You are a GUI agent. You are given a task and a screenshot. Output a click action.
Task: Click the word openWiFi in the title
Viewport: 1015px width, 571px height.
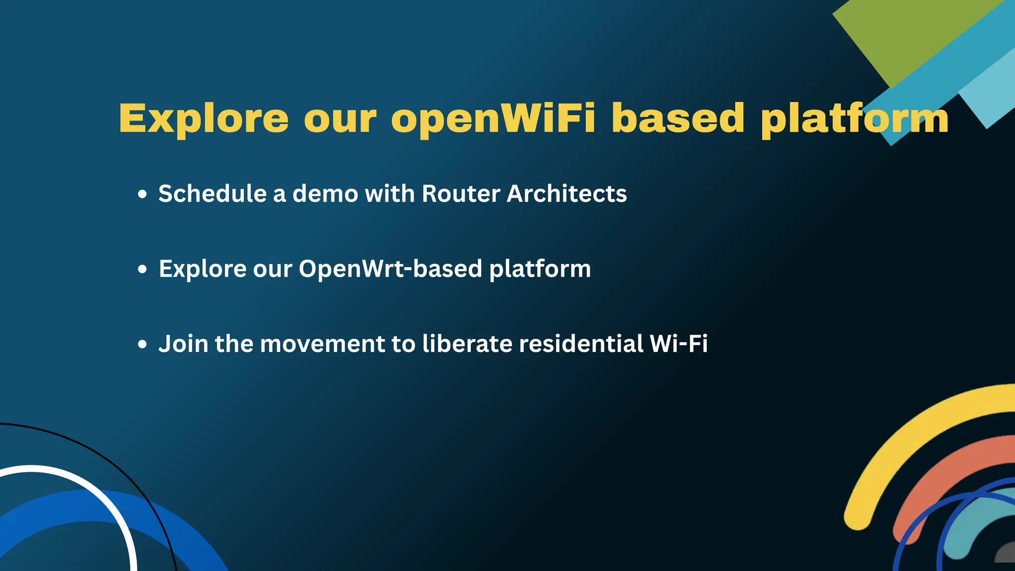click(493, 119)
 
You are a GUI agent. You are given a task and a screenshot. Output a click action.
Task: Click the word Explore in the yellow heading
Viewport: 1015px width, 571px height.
click(203, 119)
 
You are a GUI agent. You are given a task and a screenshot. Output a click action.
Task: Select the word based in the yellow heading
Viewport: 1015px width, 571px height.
click(677, 119)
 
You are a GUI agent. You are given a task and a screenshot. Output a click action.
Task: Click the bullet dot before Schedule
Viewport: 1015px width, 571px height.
click(143, 194)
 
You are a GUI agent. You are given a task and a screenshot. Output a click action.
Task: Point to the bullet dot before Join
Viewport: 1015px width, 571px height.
click(143, 344)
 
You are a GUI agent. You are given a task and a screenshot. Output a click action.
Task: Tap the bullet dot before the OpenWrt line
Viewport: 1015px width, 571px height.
click(143, 269)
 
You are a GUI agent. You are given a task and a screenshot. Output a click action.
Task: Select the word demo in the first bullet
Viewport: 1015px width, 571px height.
click(325, 193)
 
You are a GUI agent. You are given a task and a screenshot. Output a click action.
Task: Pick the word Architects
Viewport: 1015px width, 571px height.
click(566, 193)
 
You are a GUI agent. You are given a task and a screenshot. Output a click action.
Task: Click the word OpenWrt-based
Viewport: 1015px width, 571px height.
click(390, 269)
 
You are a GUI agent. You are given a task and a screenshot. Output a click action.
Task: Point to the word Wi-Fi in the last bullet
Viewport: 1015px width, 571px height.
click(678, 343)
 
